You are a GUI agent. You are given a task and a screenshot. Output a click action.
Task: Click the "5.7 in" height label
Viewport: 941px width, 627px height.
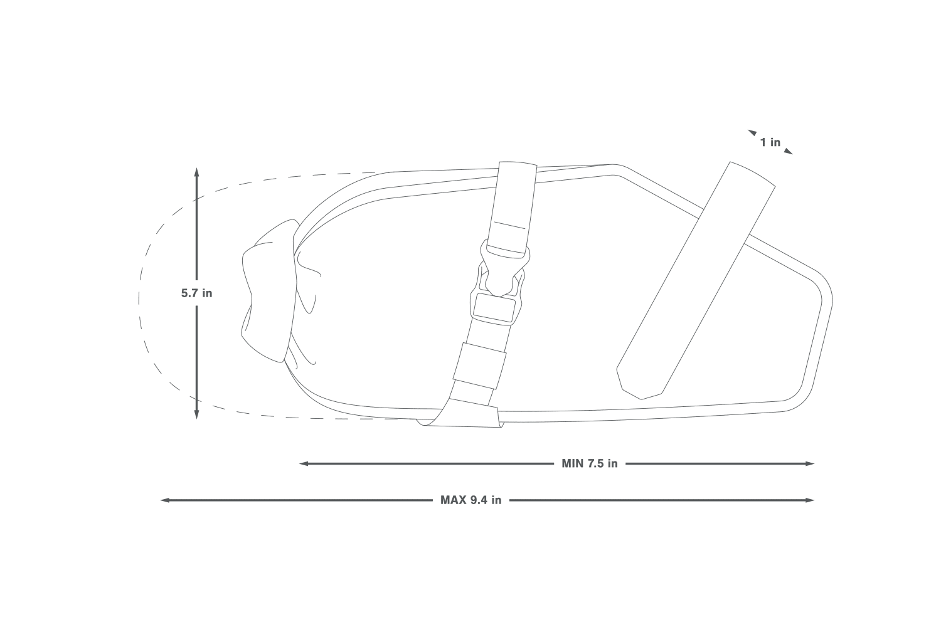click(x=196, y=293)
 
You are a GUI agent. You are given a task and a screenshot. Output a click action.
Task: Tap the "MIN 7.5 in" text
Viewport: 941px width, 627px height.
click(x=590, y=463)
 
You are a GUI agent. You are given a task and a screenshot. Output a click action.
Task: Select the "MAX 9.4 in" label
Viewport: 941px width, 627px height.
click(x=470, y=500)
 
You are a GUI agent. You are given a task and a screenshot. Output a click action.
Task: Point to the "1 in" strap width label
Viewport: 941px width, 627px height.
click(x=770, y=142)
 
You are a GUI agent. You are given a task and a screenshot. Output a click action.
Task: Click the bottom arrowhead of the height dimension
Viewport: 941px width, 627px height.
click(x=196, y=415)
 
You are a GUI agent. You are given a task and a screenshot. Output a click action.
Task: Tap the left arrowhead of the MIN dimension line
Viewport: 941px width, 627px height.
click(x=303, y=463)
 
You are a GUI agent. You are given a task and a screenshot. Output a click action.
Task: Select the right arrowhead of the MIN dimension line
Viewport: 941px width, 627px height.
click(x=810, y=463)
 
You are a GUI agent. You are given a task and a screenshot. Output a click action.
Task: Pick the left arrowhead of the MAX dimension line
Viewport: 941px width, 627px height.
click(x=165, y=500)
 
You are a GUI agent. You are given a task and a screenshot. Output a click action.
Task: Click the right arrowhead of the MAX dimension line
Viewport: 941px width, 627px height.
click(x=810, y=500)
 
